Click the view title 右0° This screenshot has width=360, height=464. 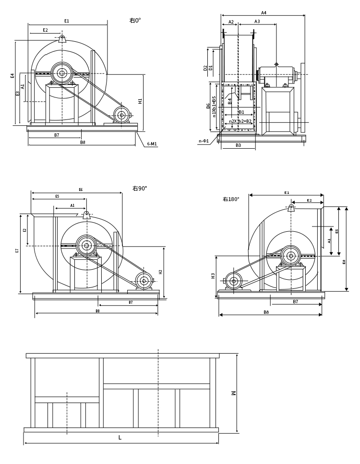tap(135, 21)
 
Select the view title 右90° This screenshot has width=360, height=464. tap(140, 189)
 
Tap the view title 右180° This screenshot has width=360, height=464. tap(231, 199)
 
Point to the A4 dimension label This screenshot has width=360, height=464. tap(264, 13)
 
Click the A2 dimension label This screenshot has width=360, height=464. tap(231, 22)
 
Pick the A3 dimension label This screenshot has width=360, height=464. tap(257, 22)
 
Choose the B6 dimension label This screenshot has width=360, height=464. tap(208, 106)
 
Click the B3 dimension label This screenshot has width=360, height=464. tap(238, 145)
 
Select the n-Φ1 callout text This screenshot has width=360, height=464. tap(204, 141)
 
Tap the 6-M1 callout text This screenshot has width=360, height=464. tap(152, 144)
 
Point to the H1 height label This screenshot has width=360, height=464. tap(140, 101)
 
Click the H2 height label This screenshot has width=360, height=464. tap(161, 272)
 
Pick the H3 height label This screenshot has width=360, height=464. tap(213, 276)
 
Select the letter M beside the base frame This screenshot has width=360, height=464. tap(233, 393)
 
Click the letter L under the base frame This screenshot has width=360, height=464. tap(120, 438)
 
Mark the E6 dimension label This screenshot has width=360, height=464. tap(81, 190)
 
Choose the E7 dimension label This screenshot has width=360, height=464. tap(17, 250)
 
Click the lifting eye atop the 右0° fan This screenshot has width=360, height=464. tap(62, 39)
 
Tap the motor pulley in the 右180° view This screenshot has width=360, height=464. tap(234, 281)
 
